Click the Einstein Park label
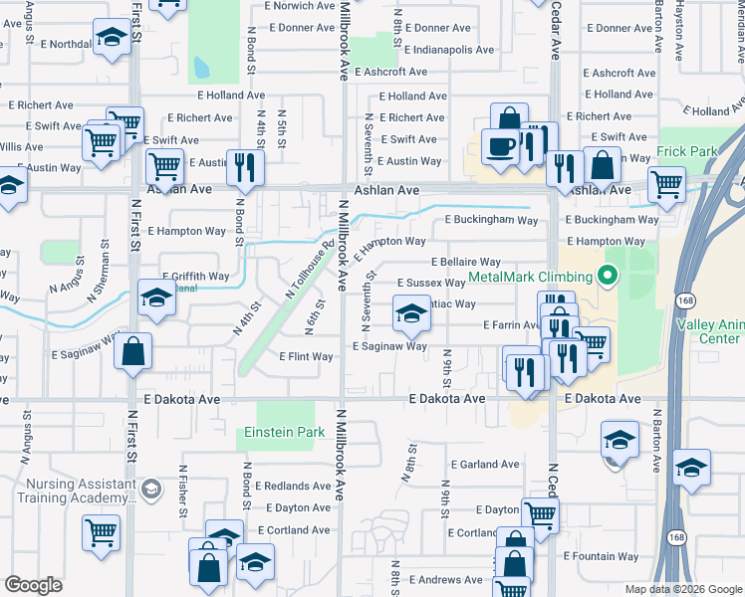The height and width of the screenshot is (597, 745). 285,433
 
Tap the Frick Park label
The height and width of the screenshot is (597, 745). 686,152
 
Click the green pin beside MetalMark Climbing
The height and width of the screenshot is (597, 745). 606,277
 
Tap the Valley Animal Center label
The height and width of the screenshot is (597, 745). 708,331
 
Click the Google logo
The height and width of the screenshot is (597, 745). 33,585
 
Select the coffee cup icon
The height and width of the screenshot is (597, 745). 501,145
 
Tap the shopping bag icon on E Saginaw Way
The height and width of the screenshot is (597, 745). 133,351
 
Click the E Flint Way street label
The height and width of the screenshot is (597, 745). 306,356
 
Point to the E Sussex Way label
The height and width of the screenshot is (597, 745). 431,283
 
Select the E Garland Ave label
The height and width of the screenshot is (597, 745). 484,465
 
